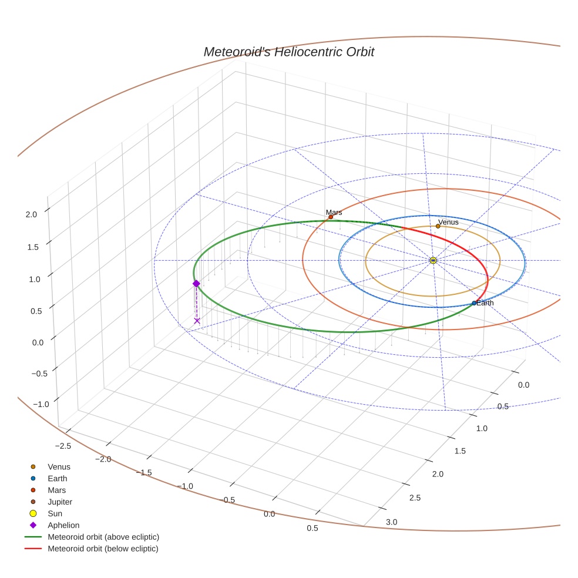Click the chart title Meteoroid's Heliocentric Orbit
click(288, 52)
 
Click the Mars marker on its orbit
click(331, 217)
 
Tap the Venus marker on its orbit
click(438, 226)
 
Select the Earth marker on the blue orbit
click(474, 303)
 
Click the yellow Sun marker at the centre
click(433, 260)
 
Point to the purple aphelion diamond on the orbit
click(196, 283)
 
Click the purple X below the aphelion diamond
click(197, 321)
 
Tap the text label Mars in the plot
click(334, 212)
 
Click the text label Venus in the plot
click(449, 222)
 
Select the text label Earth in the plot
click(485, 303)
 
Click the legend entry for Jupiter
click(60, 502)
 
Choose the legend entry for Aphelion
click(63, 525)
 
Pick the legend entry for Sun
click(55, 513)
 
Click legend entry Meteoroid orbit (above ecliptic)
click(103, 537)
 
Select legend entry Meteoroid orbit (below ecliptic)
click(103, 549)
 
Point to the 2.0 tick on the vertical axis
click(31, 214)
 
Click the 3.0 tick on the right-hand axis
click(391, 522)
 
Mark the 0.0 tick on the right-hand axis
click(523, 385)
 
